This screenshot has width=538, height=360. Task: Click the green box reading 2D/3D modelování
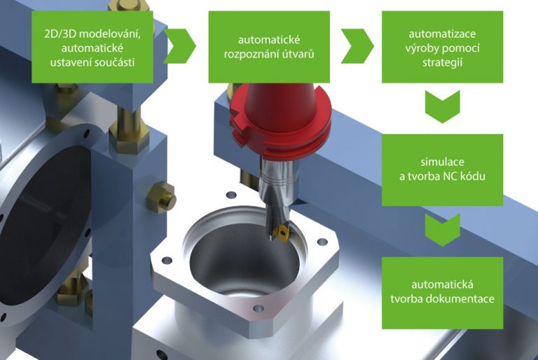coord(92,47)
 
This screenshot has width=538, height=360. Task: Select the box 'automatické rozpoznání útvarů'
coord(269,47)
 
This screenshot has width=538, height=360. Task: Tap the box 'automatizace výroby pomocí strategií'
coord(442,47)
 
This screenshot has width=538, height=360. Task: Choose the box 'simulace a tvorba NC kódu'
coord(442,170)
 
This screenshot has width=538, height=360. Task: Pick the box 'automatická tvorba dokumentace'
coord(442,293)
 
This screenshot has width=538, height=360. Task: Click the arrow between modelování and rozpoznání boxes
coord(180,46)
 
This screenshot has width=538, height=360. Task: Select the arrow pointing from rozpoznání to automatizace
coord(357,46)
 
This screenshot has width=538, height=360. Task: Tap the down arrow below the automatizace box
coord(442,107)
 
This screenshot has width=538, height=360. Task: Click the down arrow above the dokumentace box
coord(442,229)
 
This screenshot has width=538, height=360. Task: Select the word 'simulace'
coord(442,162)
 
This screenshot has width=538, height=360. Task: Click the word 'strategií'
coord(442,63)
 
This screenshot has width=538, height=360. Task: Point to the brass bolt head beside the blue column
coord(161,197)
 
